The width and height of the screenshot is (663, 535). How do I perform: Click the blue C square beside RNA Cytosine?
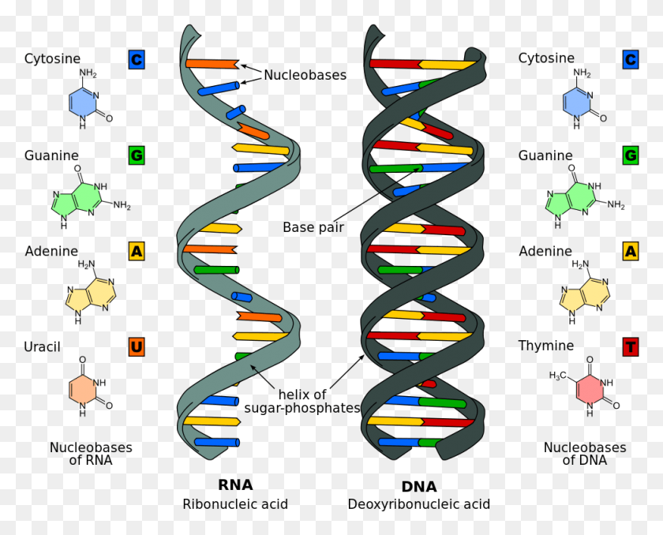137,58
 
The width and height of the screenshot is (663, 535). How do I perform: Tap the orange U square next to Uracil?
137,346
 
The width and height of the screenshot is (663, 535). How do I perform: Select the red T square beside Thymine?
631,346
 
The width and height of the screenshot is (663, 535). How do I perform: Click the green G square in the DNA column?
631,155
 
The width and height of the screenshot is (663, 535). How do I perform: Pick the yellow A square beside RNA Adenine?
137,252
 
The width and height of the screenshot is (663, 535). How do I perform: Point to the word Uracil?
42,346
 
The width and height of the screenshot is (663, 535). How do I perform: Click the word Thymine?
546,346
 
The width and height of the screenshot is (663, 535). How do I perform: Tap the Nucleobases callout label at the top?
305,75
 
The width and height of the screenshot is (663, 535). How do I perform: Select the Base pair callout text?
314,227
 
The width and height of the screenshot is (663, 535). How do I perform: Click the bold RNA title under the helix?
235,485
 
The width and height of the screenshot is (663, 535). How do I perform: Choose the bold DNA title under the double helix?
419,487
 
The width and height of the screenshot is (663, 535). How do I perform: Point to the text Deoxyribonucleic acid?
419,504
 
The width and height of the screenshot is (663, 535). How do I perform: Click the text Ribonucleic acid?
235,504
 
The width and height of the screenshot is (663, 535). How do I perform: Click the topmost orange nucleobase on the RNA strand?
212,63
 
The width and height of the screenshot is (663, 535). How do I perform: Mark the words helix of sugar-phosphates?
302,401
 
